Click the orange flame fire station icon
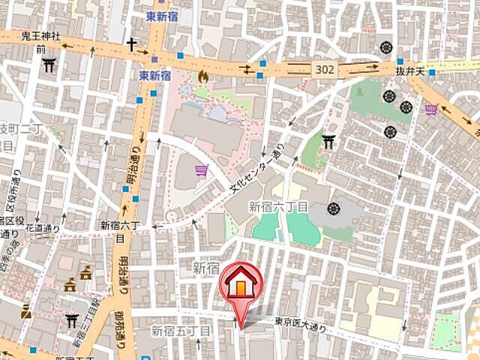(203, 76)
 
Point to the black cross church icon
(132, 45)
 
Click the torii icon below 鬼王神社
(49, 65)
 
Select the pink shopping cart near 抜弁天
(431, 110)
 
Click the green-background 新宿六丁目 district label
(278, 206)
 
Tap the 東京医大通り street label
(301, 322)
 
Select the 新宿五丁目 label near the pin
(181, 330)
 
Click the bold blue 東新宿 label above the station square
(155, 76)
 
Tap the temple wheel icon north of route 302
(387, 47)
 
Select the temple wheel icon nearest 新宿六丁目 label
(333, 207)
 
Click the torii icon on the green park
(328, 140)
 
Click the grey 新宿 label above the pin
(205, 267)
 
